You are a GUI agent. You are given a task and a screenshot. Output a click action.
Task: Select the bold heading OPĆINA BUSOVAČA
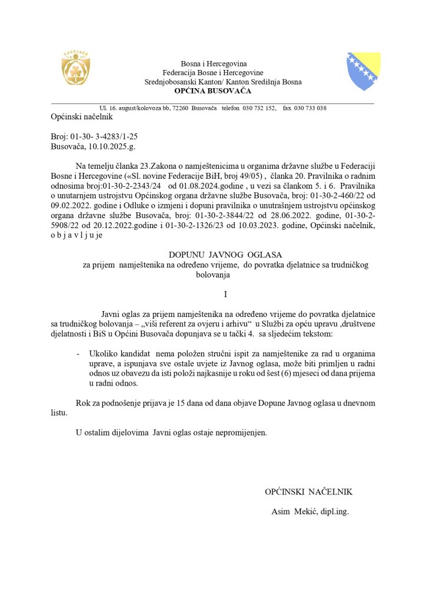(212, 91)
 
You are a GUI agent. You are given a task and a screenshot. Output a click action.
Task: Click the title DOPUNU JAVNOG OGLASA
(225, 255)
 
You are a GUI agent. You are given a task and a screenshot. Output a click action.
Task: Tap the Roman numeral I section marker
(225, 293)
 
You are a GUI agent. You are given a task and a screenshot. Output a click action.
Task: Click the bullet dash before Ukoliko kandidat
(78, 354)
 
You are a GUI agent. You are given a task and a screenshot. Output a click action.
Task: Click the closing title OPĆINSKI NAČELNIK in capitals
(308, 491)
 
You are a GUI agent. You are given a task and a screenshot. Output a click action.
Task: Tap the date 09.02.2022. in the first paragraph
(69, 206)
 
